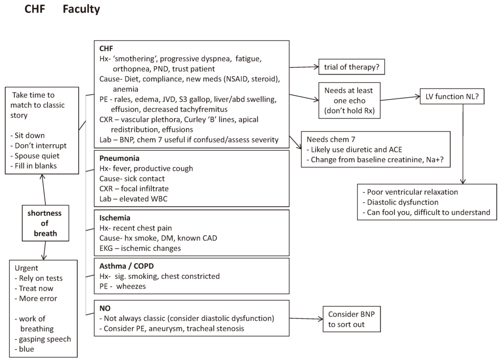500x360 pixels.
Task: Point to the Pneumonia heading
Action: pos(119,158)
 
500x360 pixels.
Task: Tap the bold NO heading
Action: pos(105,309)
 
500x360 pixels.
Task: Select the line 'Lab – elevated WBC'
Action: pos(134,198)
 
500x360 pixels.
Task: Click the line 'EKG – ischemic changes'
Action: pos(140,248)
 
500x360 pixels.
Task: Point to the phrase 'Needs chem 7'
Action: pos(329,139)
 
